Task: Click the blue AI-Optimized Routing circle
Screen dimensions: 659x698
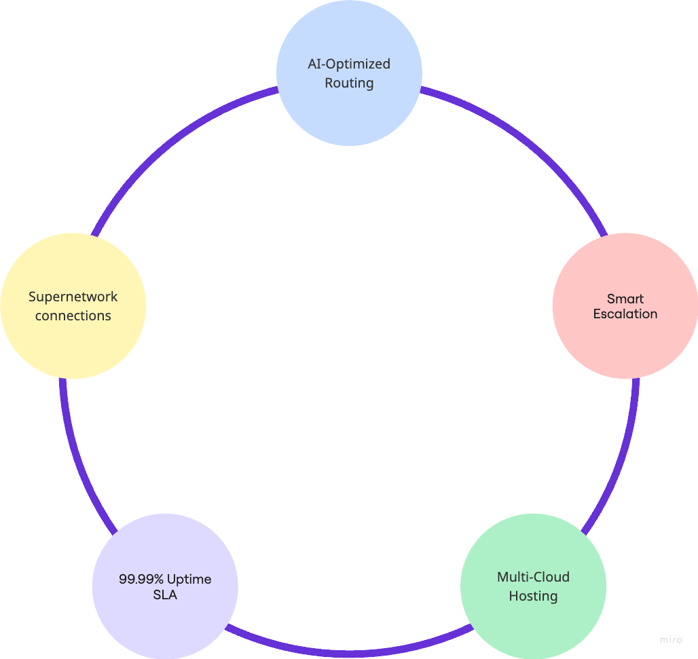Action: [x=349, y=109]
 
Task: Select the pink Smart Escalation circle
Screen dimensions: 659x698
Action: [x=625, y=339]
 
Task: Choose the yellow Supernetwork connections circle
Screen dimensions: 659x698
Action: [x=73, y=339]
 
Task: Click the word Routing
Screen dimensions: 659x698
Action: [x=349, y=83]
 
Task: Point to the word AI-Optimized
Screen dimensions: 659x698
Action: [x=349, y=64]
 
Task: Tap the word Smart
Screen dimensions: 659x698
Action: [x=625, y=299]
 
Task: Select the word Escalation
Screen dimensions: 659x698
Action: [x=625, y=314]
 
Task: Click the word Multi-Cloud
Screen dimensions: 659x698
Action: [x=533, y=577]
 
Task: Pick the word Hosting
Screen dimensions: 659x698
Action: [x=533, y=596]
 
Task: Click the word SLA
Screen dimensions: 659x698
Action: [x=165, y=595]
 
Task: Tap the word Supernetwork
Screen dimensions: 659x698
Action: [x=73, y=297]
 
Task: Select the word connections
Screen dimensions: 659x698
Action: [x=73, y=316]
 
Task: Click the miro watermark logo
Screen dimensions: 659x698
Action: [x=671, y=640]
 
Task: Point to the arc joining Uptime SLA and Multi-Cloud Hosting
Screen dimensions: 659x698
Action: [x=349, y=653]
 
